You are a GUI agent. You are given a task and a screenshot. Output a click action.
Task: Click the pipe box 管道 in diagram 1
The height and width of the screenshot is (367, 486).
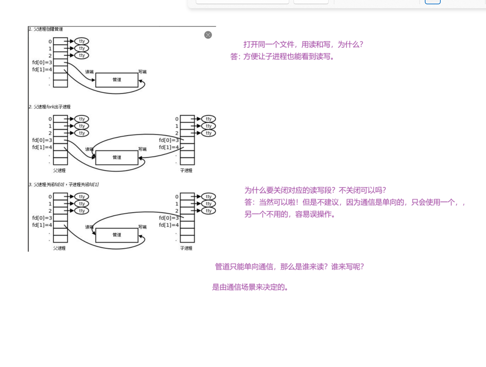(117, 80)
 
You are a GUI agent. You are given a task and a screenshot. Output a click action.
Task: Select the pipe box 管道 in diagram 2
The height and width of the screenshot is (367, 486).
(117, 158)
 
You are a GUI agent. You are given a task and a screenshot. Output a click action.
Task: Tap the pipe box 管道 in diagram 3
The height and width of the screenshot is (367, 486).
(117, 235)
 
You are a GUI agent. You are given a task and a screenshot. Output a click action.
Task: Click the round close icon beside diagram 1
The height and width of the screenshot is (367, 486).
(208, 35)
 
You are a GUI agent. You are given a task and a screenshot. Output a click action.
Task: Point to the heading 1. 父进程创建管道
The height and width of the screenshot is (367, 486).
(46, 29)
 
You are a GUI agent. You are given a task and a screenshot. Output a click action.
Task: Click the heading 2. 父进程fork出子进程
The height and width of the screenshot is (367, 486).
(50, 107)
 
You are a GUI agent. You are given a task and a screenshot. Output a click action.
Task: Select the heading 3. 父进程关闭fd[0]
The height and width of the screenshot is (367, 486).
(63, 184)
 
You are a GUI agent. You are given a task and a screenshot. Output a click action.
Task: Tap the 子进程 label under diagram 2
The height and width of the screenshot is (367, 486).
(186, 170)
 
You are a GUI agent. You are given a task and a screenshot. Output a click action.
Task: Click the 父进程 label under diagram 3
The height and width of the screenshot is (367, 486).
(59, 248)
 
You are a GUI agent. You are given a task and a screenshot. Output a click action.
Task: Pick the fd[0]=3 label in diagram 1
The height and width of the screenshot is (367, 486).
(42, 62)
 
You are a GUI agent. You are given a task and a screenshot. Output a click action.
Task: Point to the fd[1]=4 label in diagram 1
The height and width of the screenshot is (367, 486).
(42, 70)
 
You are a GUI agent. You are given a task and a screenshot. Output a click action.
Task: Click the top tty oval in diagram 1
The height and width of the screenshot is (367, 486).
(82, 41)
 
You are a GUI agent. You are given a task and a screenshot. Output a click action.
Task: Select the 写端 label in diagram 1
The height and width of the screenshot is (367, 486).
(142, 72)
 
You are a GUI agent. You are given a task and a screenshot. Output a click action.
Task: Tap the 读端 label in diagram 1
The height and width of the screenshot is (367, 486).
(89, 72)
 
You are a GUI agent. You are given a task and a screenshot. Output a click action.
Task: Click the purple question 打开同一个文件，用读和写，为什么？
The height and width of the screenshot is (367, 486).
(303, 44)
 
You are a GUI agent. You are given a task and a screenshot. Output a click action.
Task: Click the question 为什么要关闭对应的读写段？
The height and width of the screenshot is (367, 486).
(315, 190)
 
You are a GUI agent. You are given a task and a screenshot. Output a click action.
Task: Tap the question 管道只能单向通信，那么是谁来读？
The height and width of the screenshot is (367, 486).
(289, 267)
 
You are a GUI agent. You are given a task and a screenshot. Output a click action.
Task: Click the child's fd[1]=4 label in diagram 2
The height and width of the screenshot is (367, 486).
(169, 147)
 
